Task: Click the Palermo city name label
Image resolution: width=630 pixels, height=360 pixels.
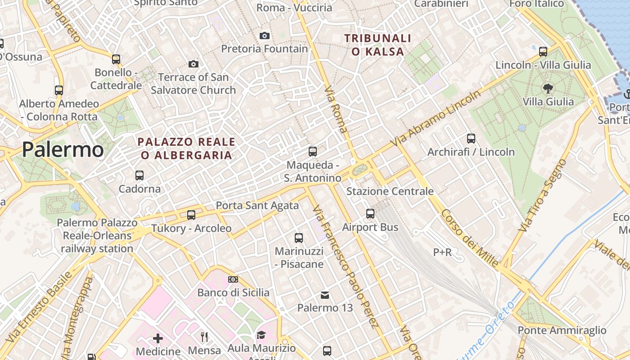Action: pos(63,149)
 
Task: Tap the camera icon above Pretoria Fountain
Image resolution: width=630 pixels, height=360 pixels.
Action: pos(265,36)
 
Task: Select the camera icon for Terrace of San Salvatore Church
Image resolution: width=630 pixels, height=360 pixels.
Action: pos(193,64)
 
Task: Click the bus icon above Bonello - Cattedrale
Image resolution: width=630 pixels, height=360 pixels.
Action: pos(116,59)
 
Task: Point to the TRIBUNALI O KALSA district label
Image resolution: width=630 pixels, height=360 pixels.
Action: pos(378,45)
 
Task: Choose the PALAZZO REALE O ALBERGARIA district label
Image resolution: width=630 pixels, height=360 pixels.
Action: pos(186,148)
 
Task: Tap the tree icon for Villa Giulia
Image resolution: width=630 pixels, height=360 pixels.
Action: pos(548,88)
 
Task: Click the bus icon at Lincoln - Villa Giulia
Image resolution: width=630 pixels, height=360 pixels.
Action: pos(543,51)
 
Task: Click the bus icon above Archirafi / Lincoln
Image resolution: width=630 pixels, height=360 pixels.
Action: pos(471,139)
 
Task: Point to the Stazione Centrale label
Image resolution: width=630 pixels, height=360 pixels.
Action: pos(390,191)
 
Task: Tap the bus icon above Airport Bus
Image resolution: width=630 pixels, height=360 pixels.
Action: pos(370,214)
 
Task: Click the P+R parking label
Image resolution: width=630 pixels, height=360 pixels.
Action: pos(442,252)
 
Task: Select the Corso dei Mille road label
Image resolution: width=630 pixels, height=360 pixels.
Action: pos(470,238)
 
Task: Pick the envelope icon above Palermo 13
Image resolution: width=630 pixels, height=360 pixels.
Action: pos(325,295)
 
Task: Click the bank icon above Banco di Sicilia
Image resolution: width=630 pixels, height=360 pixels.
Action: pos(233,279)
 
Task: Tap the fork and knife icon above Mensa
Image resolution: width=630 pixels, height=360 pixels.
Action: pos(204,337)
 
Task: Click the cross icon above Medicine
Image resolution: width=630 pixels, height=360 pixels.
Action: pos(158,338)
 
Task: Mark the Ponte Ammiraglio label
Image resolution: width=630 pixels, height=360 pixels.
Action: pos(562,330)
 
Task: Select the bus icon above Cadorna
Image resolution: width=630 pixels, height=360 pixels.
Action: pos(139,175)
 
